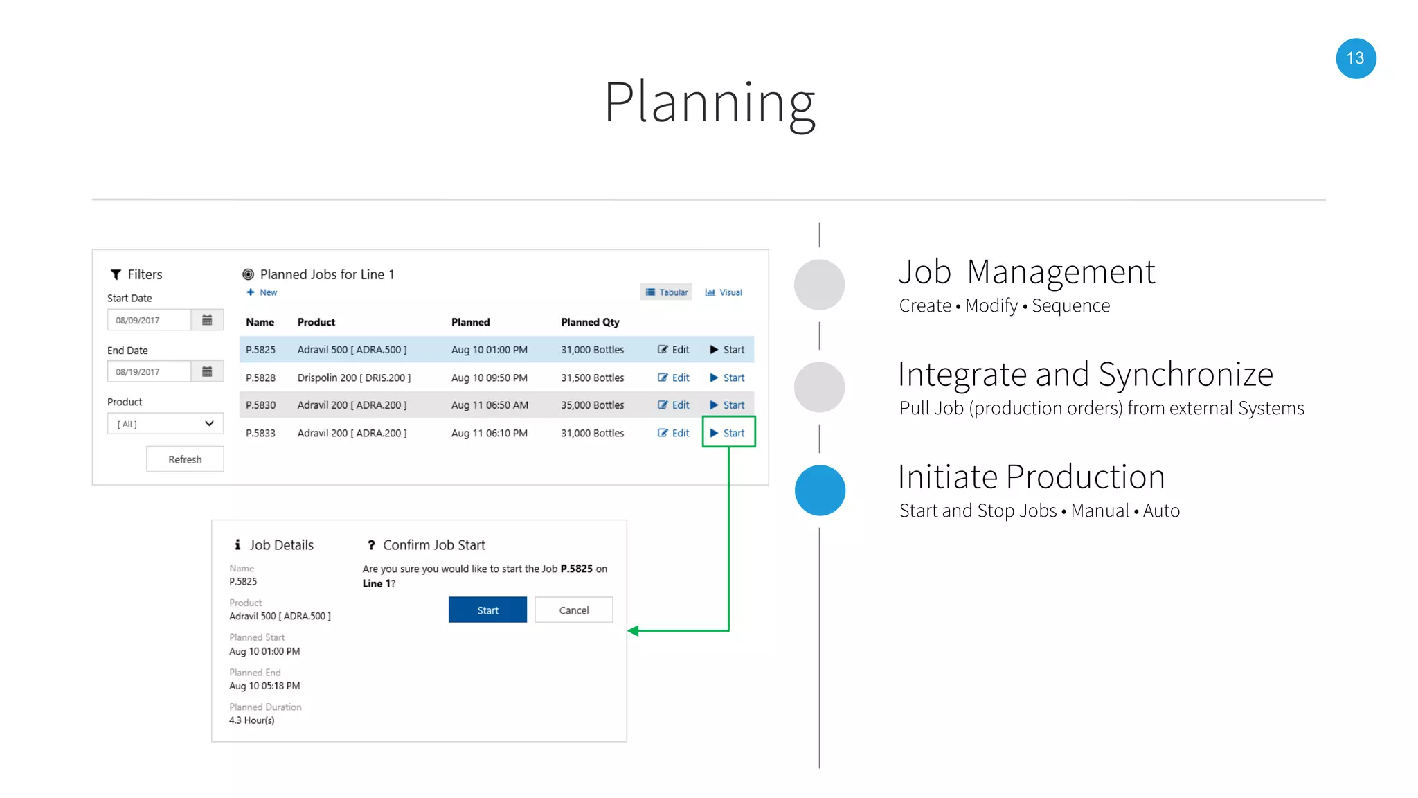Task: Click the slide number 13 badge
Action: tap(1355, 59)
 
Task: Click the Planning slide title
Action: tap(709, 103)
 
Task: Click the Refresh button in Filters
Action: tap(185, 459)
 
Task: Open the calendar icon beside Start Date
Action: tap(207, 320)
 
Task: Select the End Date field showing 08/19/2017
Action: tap(149, 372)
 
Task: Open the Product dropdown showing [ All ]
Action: tap(165, 424)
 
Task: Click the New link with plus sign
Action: tap(262, 292)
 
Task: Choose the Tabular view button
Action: tap(667, 292)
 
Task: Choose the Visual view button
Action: tap(724, 292)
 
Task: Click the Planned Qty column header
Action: tap(590, 322)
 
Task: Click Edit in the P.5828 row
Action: tap(674, 378)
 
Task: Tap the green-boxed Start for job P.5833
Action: tap(728, 433)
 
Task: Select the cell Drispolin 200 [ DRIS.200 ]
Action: tap(354, 378)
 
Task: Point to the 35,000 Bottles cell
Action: tap(592, 405)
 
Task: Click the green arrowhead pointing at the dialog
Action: tap(633, 630)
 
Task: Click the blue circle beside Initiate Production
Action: tap(820, 490)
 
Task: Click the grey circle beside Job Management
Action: tap(819, 285)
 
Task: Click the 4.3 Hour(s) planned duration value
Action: tap(252, 720)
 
